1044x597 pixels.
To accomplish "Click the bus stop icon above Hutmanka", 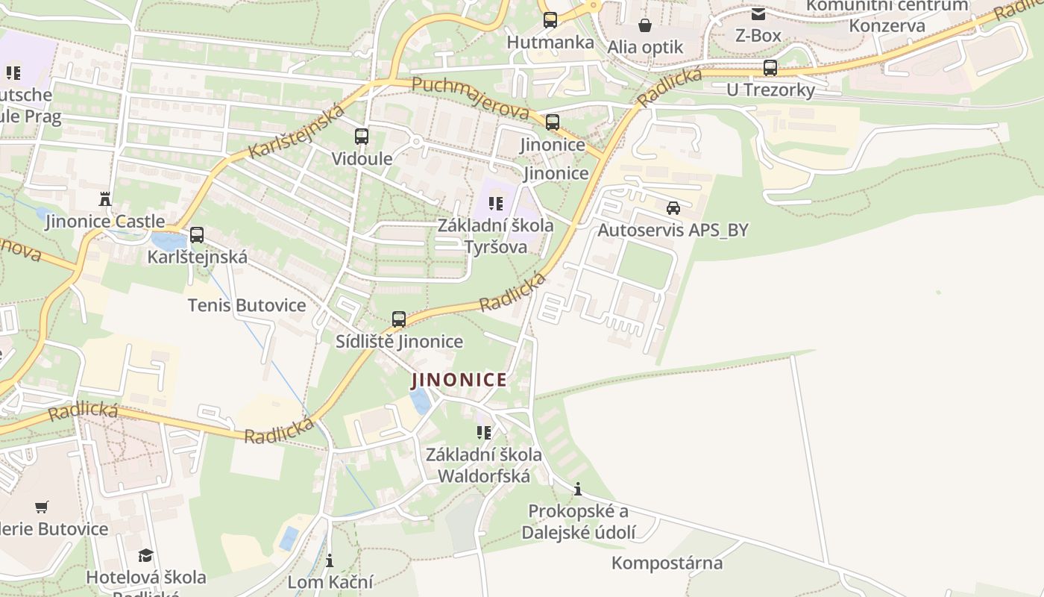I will coord(550,20).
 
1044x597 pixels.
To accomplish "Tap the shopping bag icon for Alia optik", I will coord(645,25).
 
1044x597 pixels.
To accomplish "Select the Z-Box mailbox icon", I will coord(758,13).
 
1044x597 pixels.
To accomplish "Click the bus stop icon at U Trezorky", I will coord(770,68).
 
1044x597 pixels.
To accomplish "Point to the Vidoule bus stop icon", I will coord(362,137).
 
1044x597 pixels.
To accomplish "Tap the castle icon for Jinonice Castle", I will coord(104,199).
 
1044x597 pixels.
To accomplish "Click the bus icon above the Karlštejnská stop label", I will coord(197,235).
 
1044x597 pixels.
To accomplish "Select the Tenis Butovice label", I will coord(247,305).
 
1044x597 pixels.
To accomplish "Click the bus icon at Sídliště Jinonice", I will coord(399,319).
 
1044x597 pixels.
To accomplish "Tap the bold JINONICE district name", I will coord(459,380).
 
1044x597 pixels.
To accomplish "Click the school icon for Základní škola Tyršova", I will coord(496,203).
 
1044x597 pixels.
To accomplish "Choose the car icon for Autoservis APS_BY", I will coord(673,208).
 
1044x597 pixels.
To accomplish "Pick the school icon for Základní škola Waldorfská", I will coord(484,432).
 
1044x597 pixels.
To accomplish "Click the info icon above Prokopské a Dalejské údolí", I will coord(578,489).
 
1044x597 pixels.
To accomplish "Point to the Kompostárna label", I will coord(667,563).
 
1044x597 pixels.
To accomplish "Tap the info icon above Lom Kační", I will coord(330,560).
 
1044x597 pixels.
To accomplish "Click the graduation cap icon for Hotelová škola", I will coord(145,555).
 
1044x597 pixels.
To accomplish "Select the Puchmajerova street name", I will coord(471,97).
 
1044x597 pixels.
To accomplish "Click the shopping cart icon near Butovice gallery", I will coord(42,507).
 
